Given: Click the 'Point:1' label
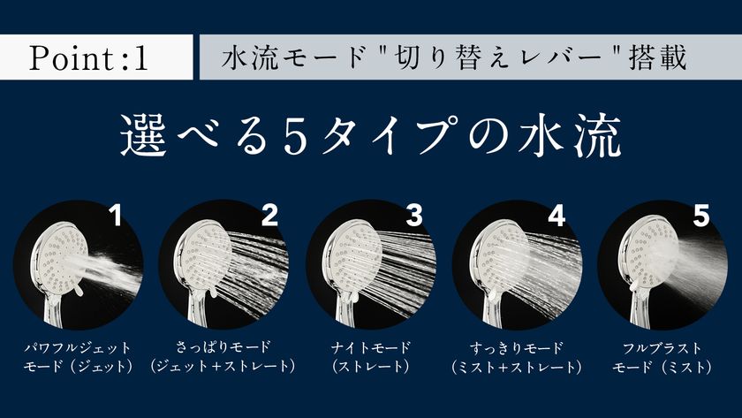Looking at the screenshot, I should [x=88, y=59].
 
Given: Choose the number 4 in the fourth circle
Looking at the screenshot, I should [x=555, y=217].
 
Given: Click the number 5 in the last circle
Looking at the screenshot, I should [x=700, y=217].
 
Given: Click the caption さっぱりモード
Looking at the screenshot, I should [x=223, y=347].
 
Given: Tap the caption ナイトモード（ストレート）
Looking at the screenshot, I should [x=370, y=357].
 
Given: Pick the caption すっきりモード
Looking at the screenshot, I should [x=518, y=347].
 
